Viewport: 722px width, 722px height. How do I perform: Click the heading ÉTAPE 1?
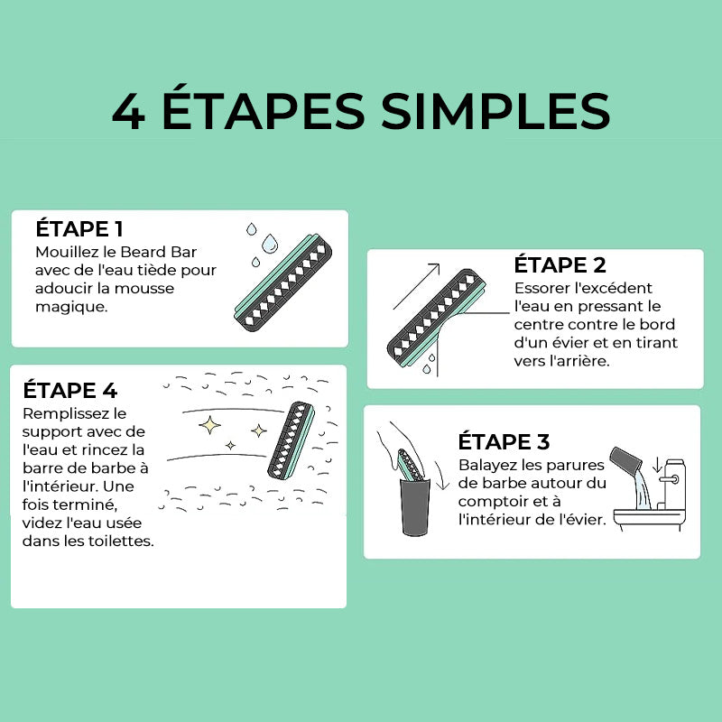coord(79,228)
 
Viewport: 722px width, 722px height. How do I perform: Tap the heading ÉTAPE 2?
coord(560,264)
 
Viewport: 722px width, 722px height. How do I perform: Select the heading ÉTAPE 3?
coord(504,441)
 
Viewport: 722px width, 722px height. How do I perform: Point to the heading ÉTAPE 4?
coord(70,390)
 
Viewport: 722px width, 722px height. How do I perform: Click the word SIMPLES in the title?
coord(495,110)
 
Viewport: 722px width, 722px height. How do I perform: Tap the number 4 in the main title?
coord(128,111)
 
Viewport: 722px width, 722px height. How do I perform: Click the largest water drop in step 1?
coord(270,243)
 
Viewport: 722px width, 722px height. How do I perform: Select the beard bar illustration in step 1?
coord(283,282)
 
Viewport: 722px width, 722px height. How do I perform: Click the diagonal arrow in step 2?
coord(416,286)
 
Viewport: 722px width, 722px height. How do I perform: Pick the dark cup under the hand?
coord(415,507)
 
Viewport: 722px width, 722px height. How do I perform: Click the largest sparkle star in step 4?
coord(209,424)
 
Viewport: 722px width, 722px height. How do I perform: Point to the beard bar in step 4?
coord(292,440)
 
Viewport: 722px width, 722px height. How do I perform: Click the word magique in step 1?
coord(71,307)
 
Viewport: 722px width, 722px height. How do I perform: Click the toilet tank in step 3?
coord(674,485)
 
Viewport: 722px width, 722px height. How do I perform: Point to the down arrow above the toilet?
coord(657,465)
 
